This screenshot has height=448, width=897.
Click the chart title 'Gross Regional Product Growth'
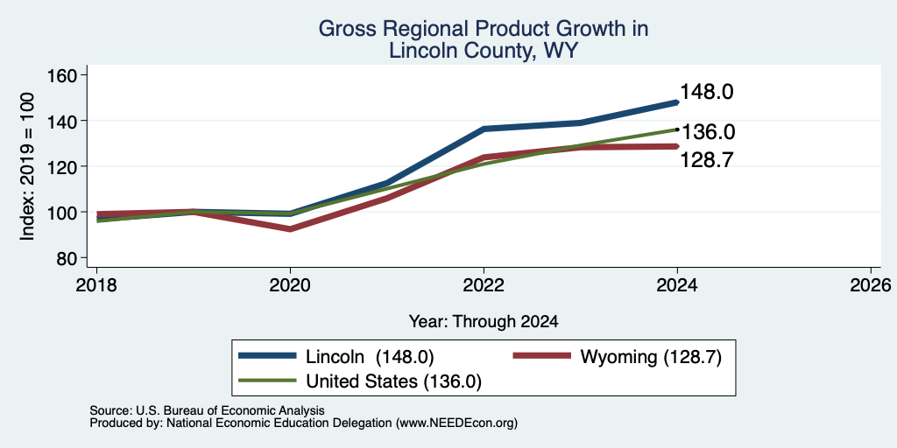[484, 29]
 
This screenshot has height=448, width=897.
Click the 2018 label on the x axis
[96, 284]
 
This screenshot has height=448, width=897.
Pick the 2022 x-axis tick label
[484, 284]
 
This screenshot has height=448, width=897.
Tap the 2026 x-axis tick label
[871, 284]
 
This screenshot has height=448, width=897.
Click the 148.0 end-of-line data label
[707, 92]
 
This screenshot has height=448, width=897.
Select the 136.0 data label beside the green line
[708, 133]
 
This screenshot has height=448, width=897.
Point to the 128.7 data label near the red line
[707, 161]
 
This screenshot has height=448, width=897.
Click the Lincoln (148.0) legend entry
[336, 357]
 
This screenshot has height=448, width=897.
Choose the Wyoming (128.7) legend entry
[617, 357]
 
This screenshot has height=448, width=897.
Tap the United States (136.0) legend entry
[359, 381]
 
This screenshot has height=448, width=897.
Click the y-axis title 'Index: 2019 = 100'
[27, 166]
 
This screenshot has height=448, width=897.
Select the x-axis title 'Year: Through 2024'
[484, 322]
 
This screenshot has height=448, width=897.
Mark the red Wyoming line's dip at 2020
[290, 229]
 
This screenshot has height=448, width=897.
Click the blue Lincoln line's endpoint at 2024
[677, 102]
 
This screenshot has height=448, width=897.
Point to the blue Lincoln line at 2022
[484, 129]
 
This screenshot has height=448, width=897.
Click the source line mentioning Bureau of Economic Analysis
[207, 410]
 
